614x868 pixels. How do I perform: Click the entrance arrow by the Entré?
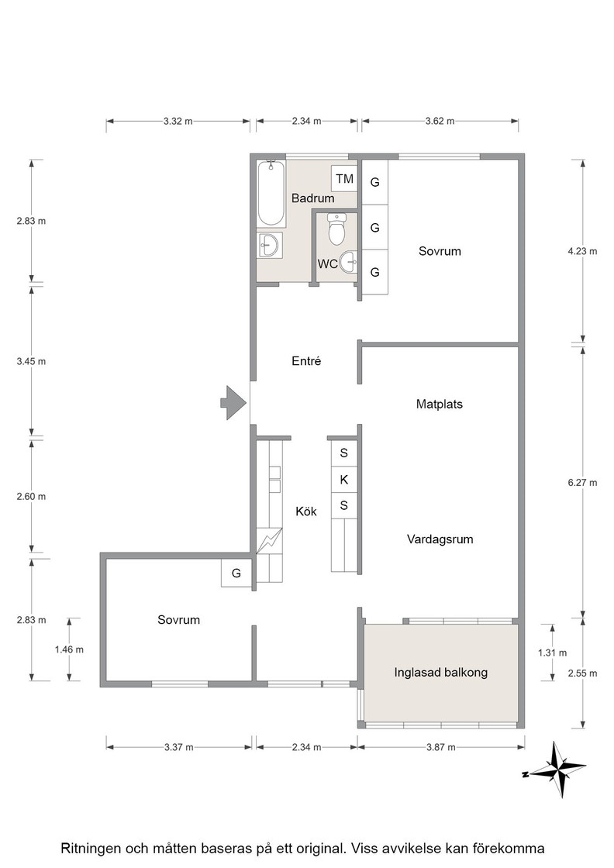[233, 402]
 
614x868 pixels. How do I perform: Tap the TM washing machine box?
[344, 179]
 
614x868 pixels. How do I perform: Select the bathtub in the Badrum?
[271, 193]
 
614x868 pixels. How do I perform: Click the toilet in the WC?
[336, 229]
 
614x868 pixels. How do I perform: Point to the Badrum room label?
[312, 198]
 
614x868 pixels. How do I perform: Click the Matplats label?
[439, 404]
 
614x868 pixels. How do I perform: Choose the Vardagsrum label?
[440, 539]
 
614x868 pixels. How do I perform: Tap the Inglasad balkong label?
[440, 673]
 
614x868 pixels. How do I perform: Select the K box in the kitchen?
[343, 480]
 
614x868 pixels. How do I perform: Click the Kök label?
[306, 511]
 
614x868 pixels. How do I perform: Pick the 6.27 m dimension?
[582, 482]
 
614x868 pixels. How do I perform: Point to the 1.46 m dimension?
[69, 649]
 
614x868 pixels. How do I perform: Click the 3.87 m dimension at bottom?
[440, 747]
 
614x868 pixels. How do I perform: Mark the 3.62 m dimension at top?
[440, 121]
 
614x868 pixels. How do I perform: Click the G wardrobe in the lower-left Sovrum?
[236, 573]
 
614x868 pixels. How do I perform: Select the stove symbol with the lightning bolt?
[270, 540]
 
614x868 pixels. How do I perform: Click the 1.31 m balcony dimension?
[553, 653]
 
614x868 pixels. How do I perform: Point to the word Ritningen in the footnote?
[89, 849]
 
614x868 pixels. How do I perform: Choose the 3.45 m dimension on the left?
[31, 361]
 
